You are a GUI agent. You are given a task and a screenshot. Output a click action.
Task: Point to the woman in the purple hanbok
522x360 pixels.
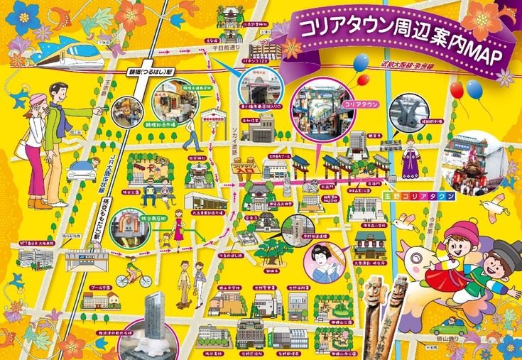410,163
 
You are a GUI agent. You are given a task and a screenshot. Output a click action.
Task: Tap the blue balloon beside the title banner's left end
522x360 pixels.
361,63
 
